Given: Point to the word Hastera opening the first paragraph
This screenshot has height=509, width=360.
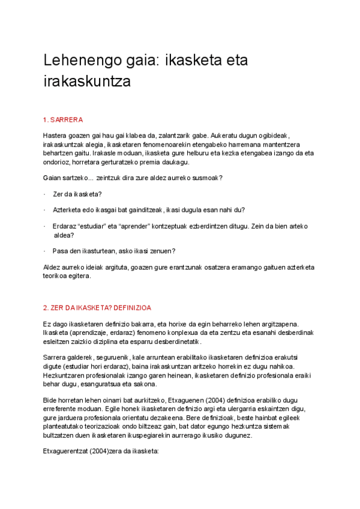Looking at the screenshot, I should [x=55, y=136].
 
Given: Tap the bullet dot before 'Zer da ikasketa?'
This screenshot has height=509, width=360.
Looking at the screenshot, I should [x=45, y=194].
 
